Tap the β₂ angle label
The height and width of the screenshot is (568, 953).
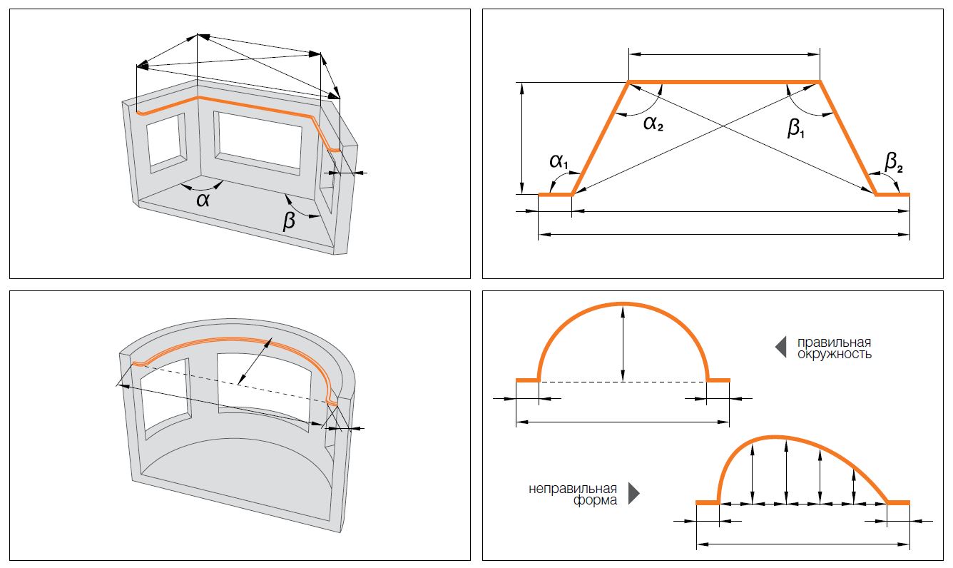(x=894, y=163)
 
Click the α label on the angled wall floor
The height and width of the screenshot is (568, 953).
(x=203, y=199)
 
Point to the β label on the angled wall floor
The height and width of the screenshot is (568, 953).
(x=289, y=222)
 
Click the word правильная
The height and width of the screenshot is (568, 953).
(x=834, y=343)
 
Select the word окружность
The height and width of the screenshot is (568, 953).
(x=834, y=354)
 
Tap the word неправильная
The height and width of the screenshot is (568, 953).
(x=573, y=489)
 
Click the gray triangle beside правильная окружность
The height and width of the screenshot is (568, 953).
(x=780, y=347)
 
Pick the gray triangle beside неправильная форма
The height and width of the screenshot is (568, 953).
(x=633, y=494)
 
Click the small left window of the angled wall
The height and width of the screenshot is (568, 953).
(x=166, y=145)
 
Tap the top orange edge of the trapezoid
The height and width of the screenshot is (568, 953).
(x=724, y=82)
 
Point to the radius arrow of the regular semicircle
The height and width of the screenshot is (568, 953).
(x=623, y=343)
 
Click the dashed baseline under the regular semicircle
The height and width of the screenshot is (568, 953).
(x=623, y=382)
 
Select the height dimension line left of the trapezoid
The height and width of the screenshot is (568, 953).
(x=523, y=138)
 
